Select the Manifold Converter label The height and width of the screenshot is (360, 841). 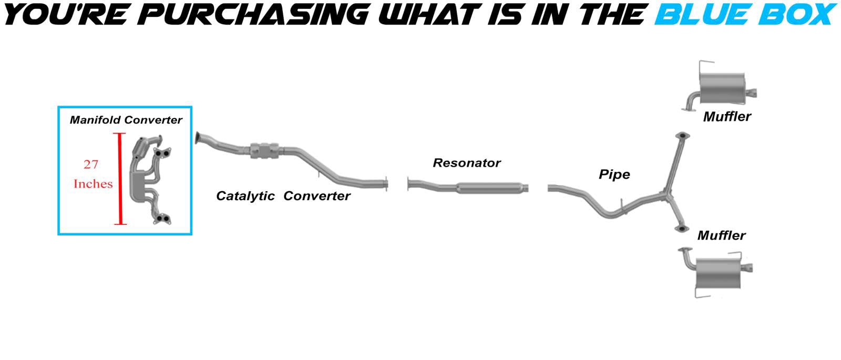pyautogui.click(x=126, y=120)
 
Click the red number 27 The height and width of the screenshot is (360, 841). pyautogui.click(x=91, y=164)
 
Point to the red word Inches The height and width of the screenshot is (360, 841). pyautogui.click(x=93, y=184)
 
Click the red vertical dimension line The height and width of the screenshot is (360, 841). pyautogui.click(x=120, y=179)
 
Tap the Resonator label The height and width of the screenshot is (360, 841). pyautogui.click(x=467, y=163)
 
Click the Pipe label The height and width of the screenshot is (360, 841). pyautogui.click(x=614, y=174)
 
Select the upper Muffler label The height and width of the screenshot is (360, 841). pyautogui.click(x=727, y=117)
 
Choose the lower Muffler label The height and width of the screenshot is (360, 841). pyautogui.click(x=721, y=235)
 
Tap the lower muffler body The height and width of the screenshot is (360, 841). pyautogui.click(x=718, y=273)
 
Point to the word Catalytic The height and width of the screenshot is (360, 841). pyautogui.click(x=245, y=196)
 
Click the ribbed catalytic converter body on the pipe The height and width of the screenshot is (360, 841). pyautogui.click(x=265, y=151)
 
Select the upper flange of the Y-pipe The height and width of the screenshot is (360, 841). pyautogui.click(x=682, y=136)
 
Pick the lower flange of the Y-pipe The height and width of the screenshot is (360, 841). pyautogui.click(x=681, y=229)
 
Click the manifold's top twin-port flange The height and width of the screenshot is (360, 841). pyautogui.click(x=162, y=152)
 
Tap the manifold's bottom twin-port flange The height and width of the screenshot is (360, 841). pyautogui.click(x=162, y=219)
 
